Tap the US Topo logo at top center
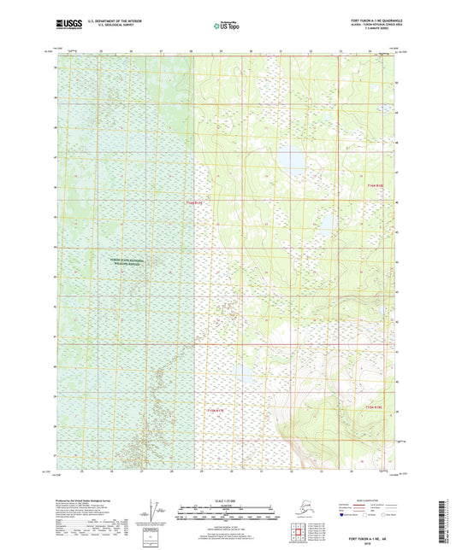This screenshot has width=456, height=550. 227,26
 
